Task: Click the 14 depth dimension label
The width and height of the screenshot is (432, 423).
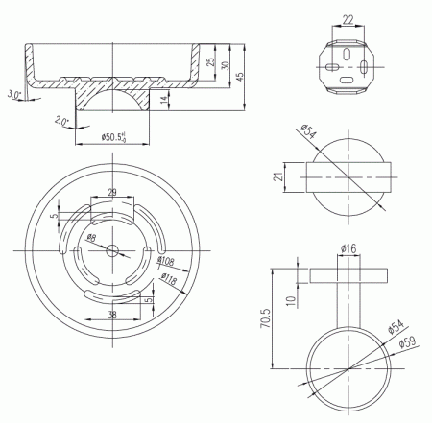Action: pos(164,99)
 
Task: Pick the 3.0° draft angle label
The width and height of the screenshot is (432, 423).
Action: pos(13,94)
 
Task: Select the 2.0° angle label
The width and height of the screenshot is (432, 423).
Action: pos(61,122)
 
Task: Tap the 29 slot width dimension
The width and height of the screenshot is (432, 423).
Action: pos(113,194)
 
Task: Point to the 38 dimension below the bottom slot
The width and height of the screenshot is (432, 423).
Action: pos(113,315)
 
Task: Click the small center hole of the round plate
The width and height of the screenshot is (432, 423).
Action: pos(113,250)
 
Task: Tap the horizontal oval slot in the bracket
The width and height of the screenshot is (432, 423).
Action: pos(332,67)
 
